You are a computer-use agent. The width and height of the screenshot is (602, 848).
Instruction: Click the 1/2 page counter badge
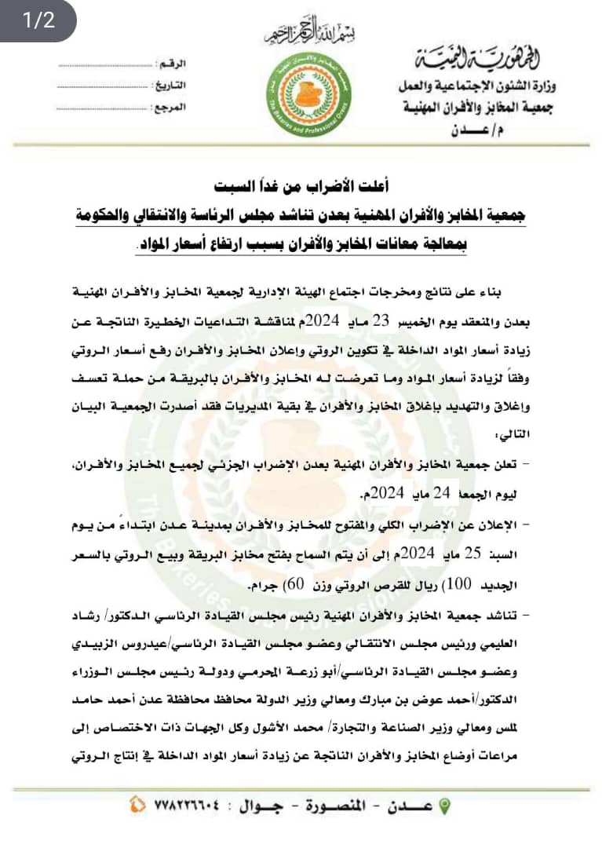coord(38,20)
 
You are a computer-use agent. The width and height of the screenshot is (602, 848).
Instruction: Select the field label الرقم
coord(173,62)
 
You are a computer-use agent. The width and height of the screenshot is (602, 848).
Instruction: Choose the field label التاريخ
coord(170,83)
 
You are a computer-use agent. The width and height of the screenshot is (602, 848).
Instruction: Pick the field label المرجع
coord(170,104)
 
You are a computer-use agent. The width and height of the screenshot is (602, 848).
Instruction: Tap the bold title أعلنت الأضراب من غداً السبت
coord(301,188)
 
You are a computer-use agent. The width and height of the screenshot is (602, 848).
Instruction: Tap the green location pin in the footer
coord(444,806)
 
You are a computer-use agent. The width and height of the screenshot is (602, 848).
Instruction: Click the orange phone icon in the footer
coord(137,806)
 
